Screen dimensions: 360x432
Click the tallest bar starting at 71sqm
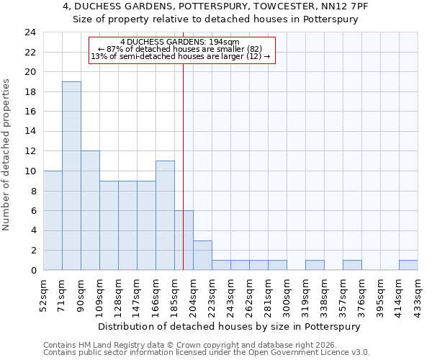pos(71,176)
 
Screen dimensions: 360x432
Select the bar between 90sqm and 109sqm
pos(90,210)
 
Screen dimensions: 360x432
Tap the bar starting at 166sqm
pos(165,215)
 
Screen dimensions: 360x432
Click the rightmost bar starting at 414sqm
pos(408,265)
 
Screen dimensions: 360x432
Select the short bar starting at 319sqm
pos(315,265)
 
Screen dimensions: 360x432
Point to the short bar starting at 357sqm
pos(352,265)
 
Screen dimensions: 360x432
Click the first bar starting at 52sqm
pos(53,220)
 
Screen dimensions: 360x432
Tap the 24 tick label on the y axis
pos(30,32)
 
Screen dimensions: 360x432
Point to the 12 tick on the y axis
pos(30,151)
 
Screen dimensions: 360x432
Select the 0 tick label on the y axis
pos(32,270)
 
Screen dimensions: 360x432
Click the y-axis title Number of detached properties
pos(7,155)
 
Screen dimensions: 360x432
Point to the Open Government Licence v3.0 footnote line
pos(207,353)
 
